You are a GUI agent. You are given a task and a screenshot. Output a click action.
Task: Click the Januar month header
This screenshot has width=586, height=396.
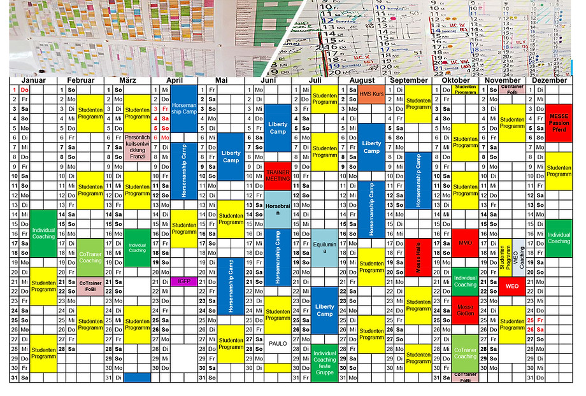click(x=33, y=81)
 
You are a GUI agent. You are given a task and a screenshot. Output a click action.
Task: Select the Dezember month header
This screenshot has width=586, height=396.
click(x=549, y=81)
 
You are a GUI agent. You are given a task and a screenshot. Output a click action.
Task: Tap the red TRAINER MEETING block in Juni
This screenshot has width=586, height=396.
click(x=278, y=175)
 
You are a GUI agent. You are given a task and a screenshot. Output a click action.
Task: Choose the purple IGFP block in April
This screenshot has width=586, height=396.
click(x=183, y=281)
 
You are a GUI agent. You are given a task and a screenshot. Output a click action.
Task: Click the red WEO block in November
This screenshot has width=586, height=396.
click(x=512, y=286)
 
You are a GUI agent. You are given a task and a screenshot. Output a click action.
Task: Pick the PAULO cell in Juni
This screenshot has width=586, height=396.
click(x=278, y=344)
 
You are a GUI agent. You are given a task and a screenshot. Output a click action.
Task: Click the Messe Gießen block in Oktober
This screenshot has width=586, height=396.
click(x=466, y=311)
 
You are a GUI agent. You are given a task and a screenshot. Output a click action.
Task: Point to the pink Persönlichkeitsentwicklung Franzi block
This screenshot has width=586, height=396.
click(x=137, y=147)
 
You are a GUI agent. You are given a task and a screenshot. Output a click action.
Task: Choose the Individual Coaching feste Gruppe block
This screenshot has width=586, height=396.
click(x=325, y=361)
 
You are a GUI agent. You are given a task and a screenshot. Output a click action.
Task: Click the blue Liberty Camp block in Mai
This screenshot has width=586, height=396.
click(x=231, y=156)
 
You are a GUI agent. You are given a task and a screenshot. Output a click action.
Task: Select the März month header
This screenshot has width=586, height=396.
click(x=128, y=81)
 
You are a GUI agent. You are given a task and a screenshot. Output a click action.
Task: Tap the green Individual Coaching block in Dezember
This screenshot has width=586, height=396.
click(x=559, y=237)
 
